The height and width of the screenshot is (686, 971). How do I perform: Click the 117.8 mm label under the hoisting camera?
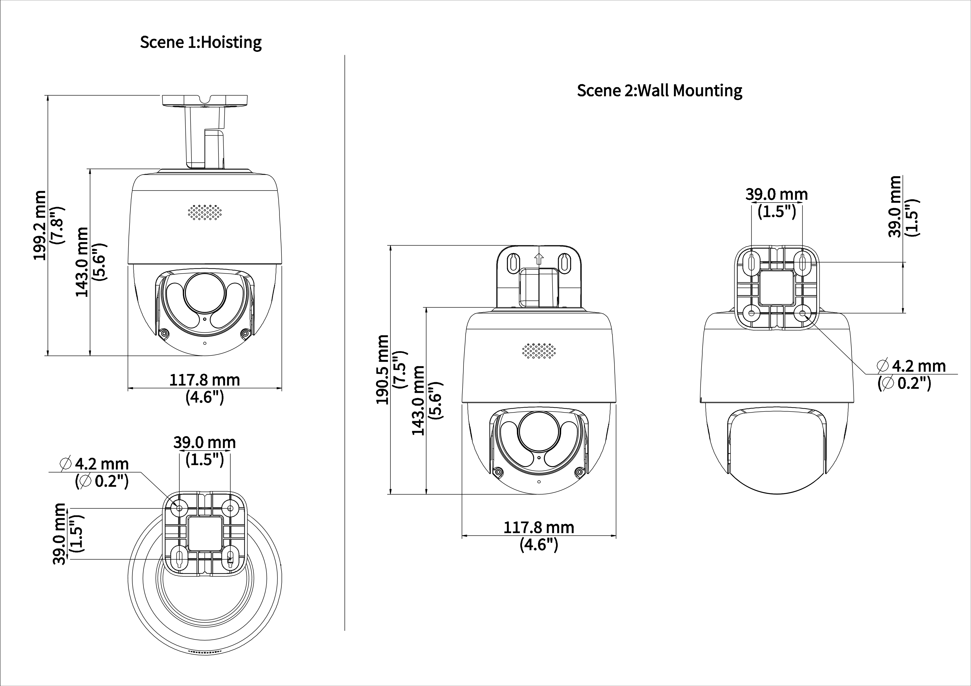coord(205,380)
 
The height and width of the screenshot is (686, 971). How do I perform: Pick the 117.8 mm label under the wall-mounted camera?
coord(539,527)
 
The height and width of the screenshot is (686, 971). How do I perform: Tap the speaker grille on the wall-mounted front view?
coord(539,351)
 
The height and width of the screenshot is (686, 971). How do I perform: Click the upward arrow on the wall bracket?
coord(539,258)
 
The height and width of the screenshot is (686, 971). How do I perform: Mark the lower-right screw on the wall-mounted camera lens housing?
coord(579,472)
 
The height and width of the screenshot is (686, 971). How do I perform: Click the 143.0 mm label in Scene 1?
coord(82,262)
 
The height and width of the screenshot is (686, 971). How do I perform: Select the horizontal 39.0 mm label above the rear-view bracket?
coord(777,194)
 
